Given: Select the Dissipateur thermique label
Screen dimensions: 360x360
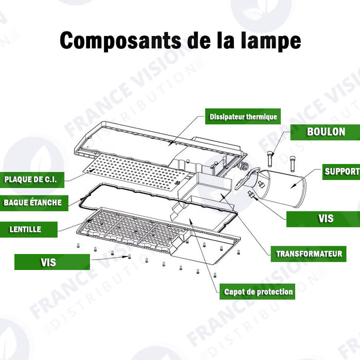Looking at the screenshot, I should coord(243,117).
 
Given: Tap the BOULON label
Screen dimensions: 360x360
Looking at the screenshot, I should coord(326,132).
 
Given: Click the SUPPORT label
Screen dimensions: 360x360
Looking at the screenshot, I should coord(341,171).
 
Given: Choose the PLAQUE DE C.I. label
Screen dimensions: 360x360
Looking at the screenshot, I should coord(33,179).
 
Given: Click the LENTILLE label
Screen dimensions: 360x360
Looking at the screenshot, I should coord(26,229).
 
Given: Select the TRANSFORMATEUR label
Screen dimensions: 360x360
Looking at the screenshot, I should coord(309,254).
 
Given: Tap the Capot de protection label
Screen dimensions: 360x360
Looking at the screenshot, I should coord(258,292).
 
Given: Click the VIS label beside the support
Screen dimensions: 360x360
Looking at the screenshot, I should coord(325,219).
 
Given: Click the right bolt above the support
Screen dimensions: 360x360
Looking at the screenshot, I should coord(293,162).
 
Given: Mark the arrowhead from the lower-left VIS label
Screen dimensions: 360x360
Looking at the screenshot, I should coord(129,256).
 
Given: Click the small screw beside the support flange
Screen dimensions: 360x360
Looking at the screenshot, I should coord(251,194).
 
